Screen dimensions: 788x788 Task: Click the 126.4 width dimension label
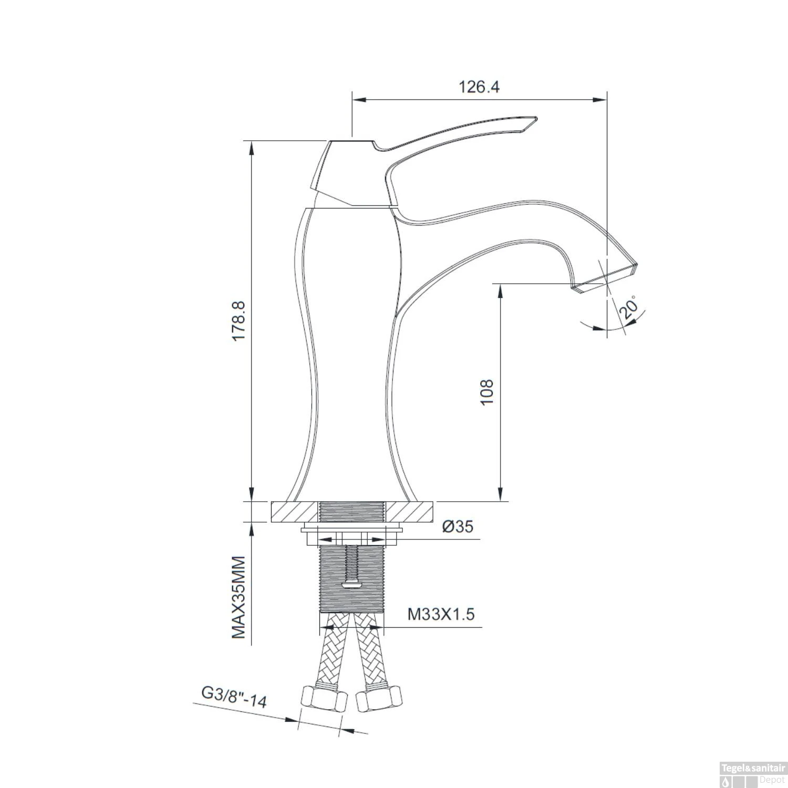coord(479,86)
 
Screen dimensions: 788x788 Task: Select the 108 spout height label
coord(487,392)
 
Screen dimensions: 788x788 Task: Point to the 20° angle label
coord(630,308)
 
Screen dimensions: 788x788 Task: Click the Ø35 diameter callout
coord(458,526)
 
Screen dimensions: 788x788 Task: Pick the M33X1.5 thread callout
coord(441,614)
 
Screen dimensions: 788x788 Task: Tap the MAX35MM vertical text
coord(240,597)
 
